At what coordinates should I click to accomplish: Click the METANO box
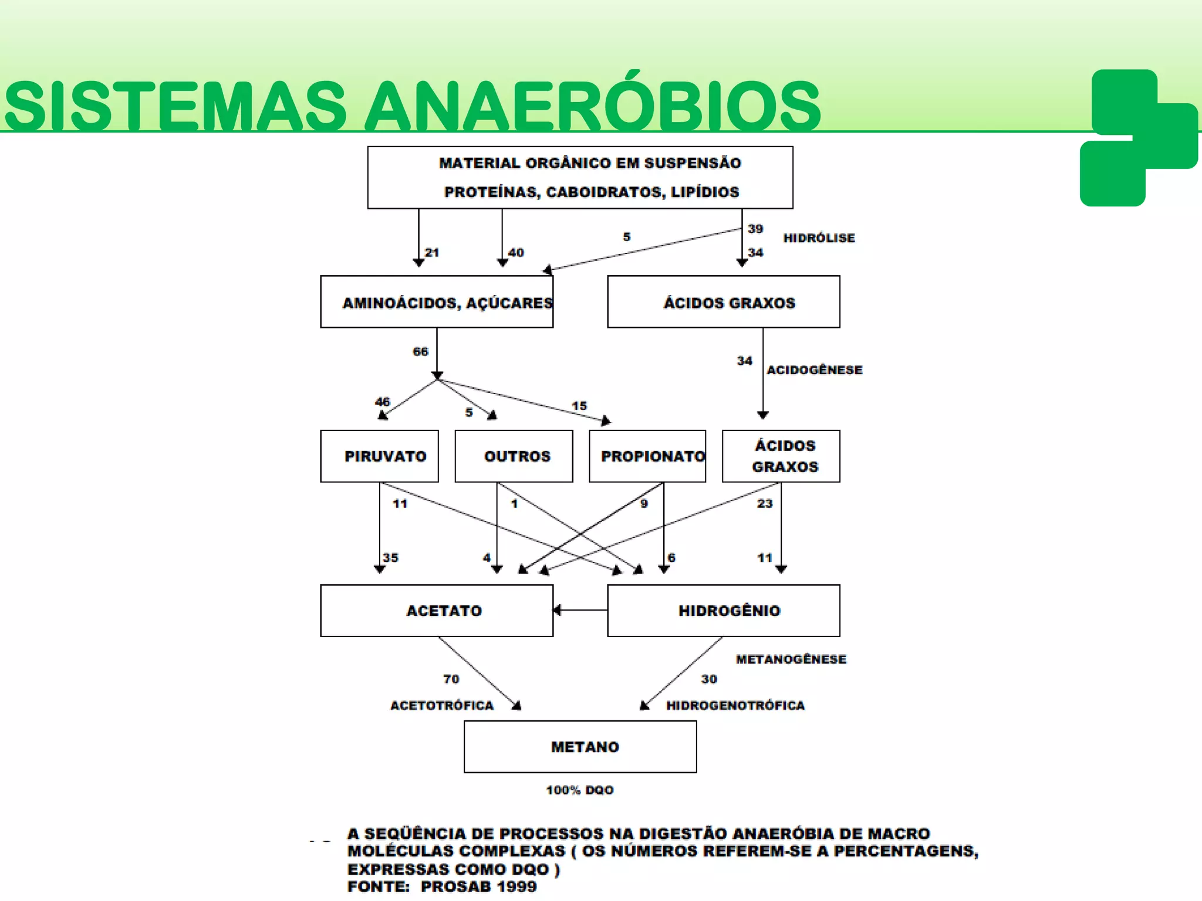580,747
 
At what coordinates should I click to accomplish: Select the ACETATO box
437,611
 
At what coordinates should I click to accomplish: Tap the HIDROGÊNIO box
724,611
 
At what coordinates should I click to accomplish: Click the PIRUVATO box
379,456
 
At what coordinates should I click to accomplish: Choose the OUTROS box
514,456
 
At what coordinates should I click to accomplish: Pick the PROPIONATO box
647,456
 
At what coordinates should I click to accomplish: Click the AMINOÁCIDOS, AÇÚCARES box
437,302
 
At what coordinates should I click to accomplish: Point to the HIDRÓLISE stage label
819,238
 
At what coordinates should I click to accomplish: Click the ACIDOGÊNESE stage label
814,370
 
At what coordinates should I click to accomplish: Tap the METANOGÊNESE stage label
791,659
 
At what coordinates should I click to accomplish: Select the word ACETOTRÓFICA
442,705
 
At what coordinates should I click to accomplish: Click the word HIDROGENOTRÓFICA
735,705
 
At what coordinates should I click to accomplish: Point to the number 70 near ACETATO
451,679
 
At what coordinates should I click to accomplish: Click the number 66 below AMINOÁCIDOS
420,352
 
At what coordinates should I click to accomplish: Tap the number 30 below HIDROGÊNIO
709,679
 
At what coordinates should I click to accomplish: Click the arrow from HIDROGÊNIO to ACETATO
580,610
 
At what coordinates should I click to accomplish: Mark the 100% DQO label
580,790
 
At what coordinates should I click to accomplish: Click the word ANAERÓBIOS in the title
592,106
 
